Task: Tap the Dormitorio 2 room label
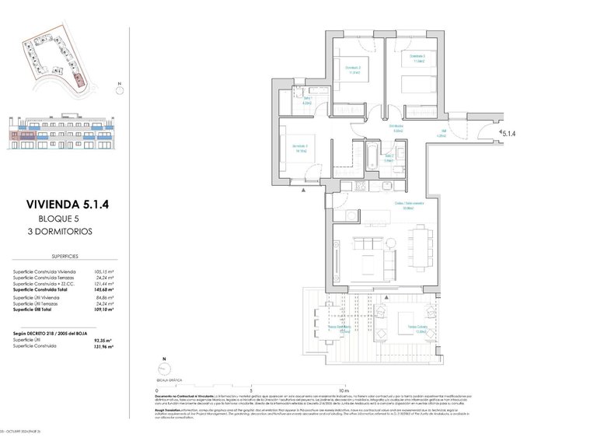(418, 58)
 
